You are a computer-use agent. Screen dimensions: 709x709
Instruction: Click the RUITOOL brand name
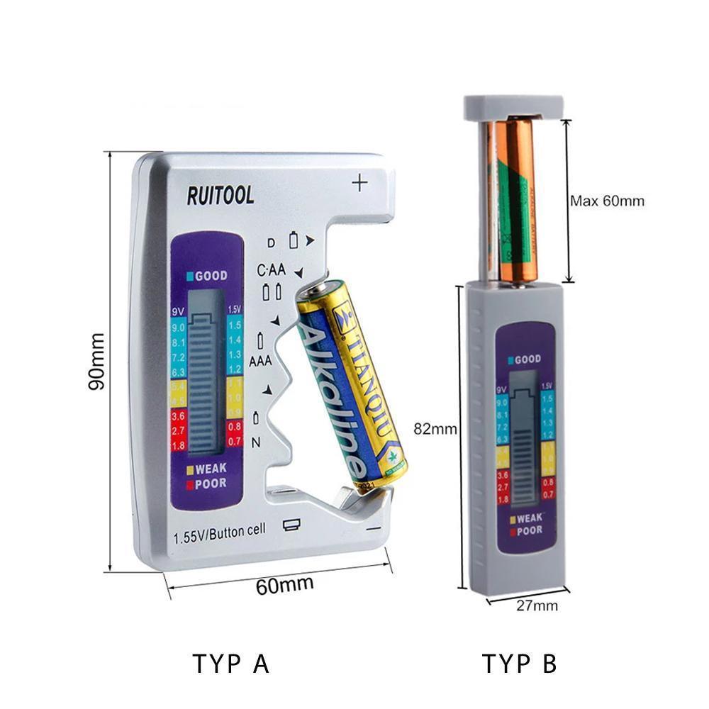click(x=220, y=195)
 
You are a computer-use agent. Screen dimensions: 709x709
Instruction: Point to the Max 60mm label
click(x=608, y=201)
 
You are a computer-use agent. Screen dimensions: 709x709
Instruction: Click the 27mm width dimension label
click(x=537, y=605)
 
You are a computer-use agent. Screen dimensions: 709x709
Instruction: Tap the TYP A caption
click(x=231, y=664)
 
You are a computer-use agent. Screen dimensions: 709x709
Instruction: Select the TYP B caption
click(x=520, y=664)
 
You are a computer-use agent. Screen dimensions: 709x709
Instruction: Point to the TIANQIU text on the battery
click(x=369, y=376)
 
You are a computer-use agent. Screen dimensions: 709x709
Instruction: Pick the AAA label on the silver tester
click(x=260, y=361)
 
